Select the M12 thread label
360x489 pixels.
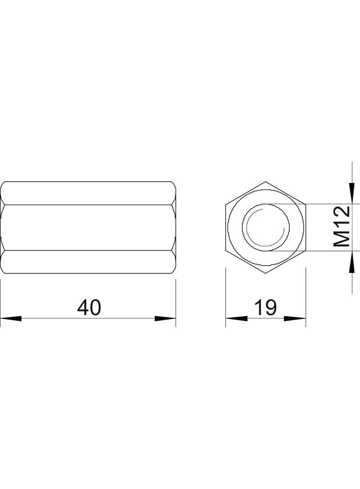[342, 227]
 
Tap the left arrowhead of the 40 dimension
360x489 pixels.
[10, 318]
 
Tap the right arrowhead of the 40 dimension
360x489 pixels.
[165, 318]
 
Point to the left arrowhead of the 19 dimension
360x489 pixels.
[236, 318]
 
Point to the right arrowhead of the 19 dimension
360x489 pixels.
[295, 318]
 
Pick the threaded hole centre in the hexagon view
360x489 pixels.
[266, 227]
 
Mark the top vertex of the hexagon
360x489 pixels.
[266, 182]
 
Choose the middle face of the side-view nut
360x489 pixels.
[88, 227]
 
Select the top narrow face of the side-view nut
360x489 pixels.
[88, 193]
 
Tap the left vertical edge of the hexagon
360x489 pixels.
[226, 227]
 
